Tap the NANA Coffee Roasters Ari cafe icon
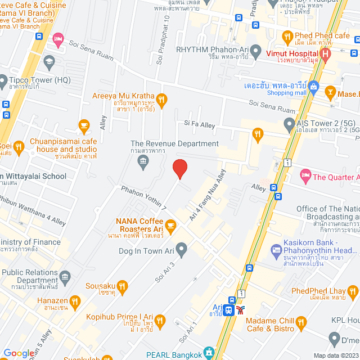click(170, 226)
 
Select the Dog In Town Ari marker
click(181, 248)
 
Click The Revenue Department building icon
click(143, 163)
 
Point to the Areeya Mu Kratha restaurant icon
click(161, 101)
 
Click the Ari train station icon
click(229, 309)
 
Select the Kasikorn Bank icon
click(276, 249)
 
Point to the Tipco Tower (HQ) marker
click(5, 80)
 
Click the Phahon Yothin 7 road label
click(143, 199)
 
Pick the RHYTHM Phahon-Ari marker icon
click(255, 49)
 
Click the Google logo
click(19, 353)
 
